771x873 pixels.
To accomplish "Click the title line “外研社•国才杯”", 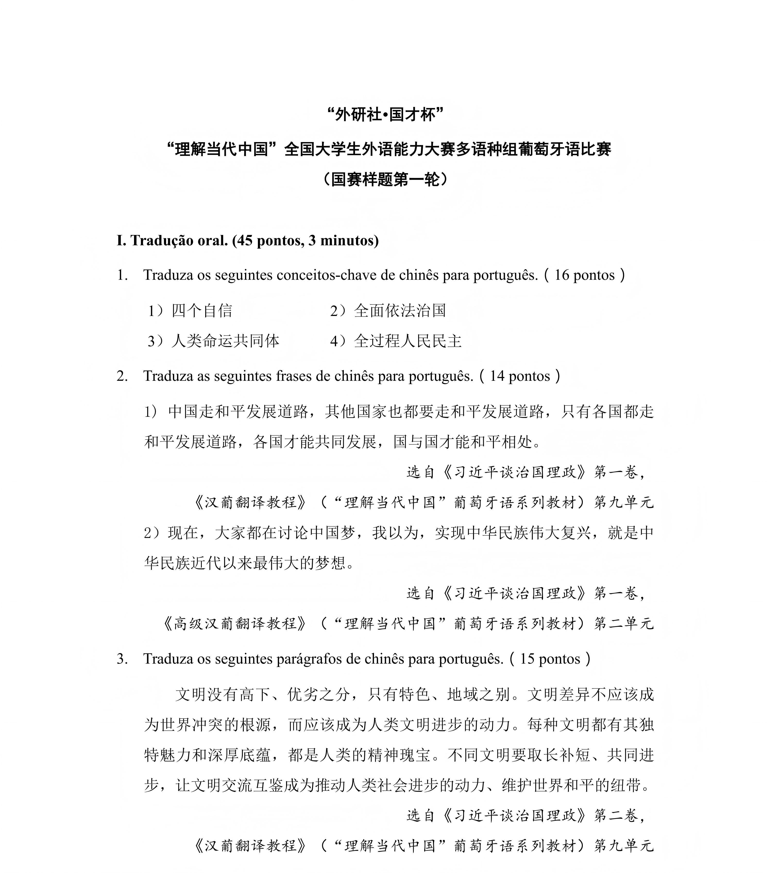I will click(x=385, y=114).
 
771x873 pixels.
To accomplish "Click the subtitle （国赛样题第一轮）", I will click(x=385, y=179).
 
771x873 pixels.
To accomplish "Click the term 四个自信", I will click(x=202, y=311).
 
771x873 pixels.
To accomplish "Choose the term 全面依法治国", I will click(x=400, y=311).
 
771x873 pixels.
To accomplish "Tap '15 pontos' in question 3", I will click(x=550, y=659).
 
